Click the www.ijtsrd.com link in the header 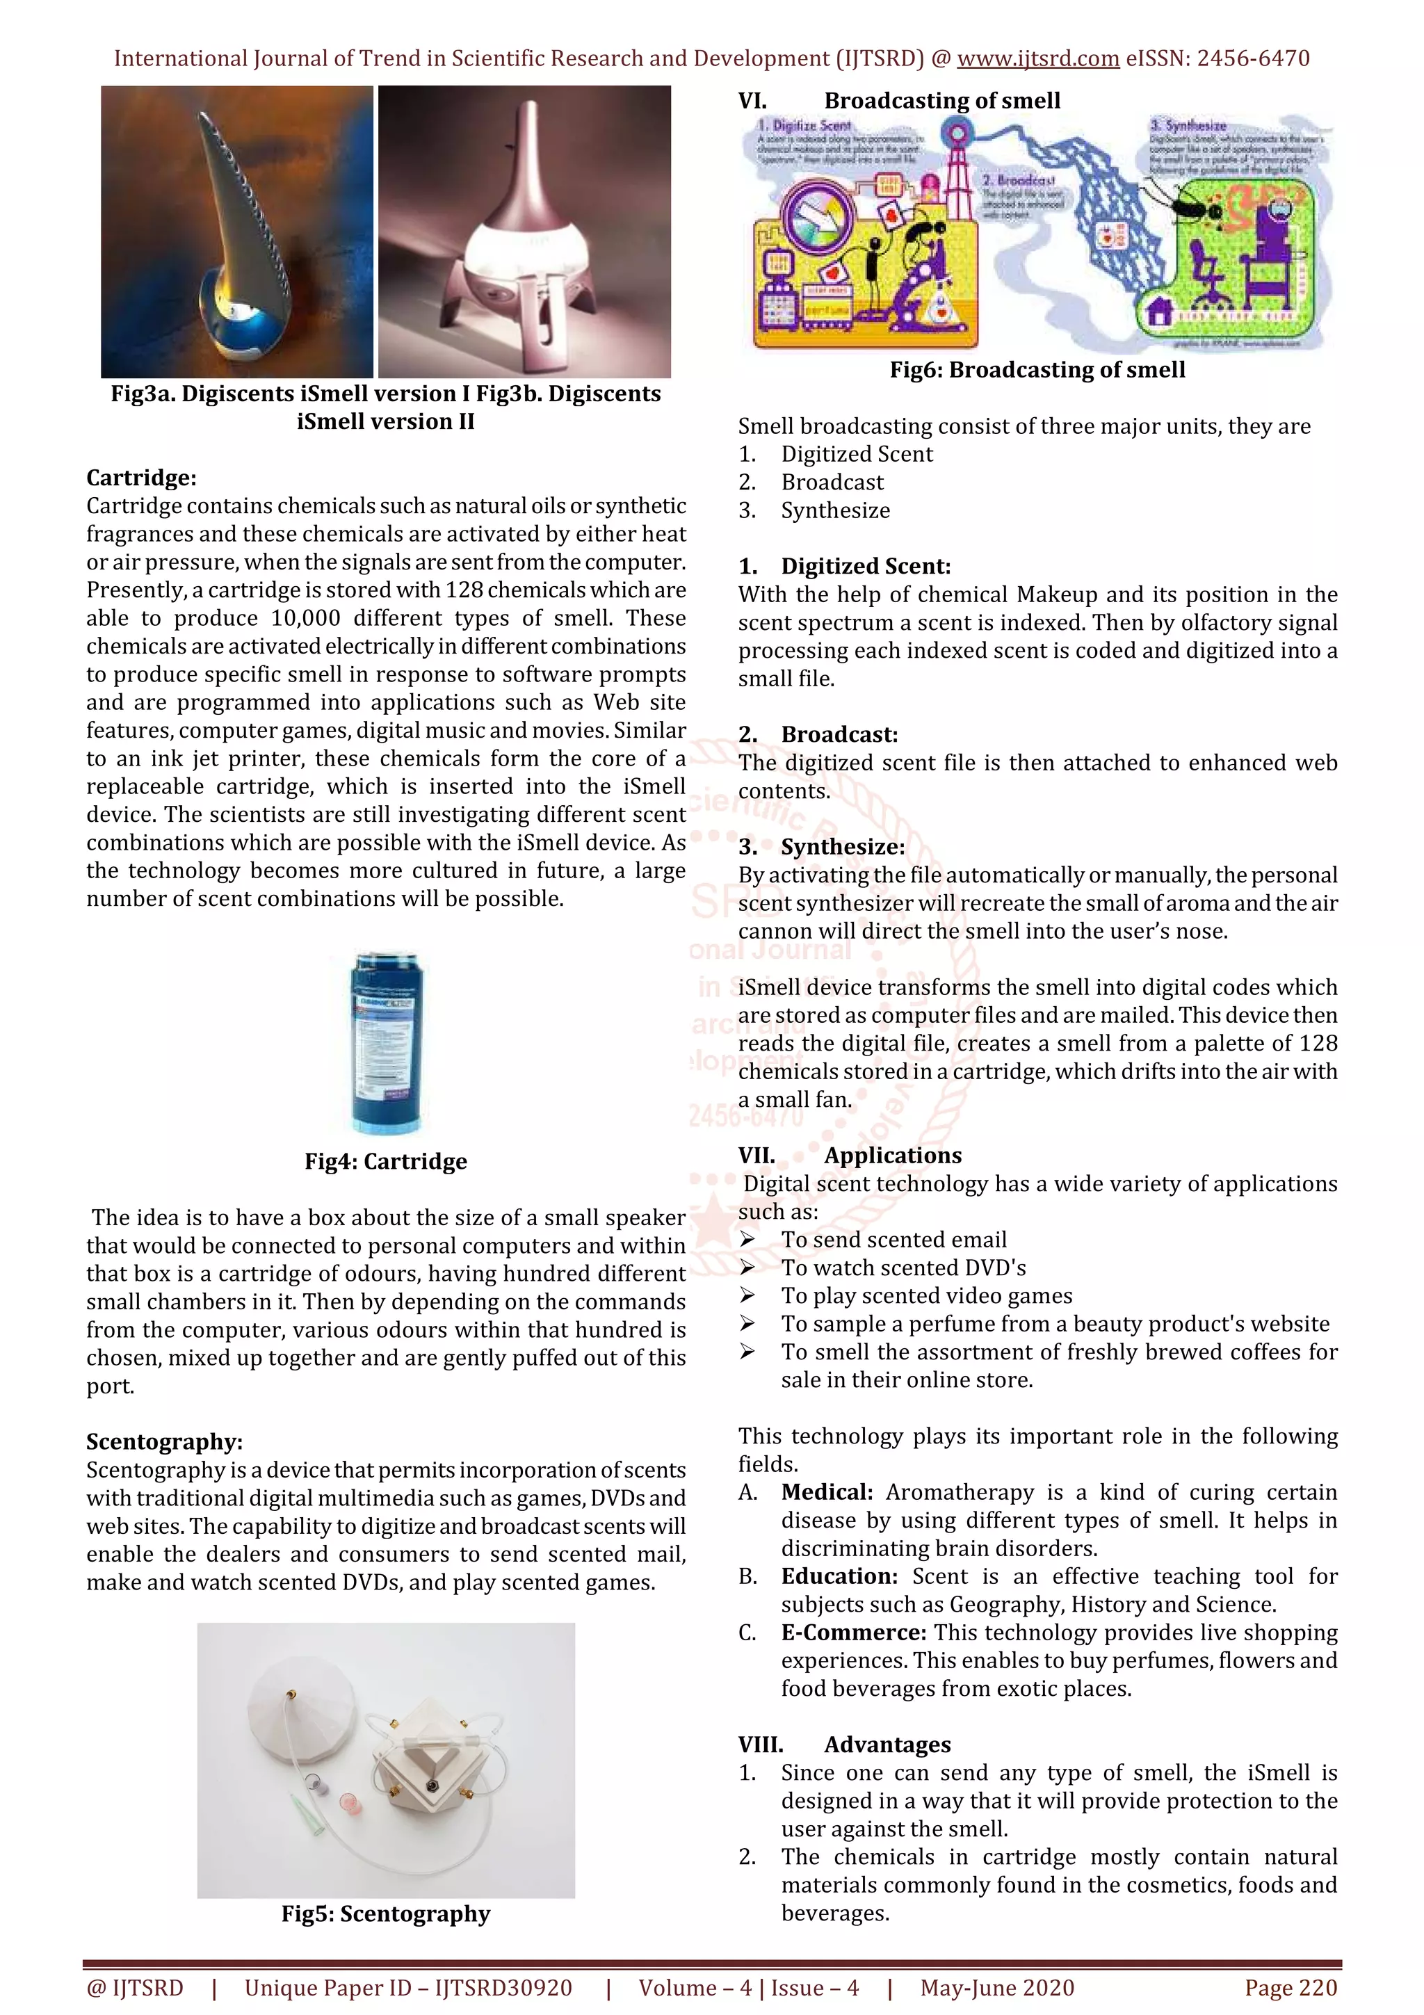tap(1037, 59)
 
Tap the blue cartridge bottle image tap(386, 1042)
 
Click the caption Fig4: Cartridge tap(385, 1161)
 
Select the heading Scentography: tap(164, 1442)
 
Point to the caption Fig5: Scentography tap(385, 1913)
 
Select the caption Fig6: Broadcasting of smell tap(1037, 369)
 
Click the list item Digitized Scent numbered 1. tap(857, 454)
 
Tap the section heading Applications tap(892, 1155)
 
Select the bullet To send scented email tap(893, 1239)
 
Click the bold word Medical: tap(827, 1492)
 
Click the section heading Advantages tap(887, 1745)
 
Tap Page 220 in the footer tap(1290, 1988)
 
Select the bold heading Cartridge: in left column tap(141, 478)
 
